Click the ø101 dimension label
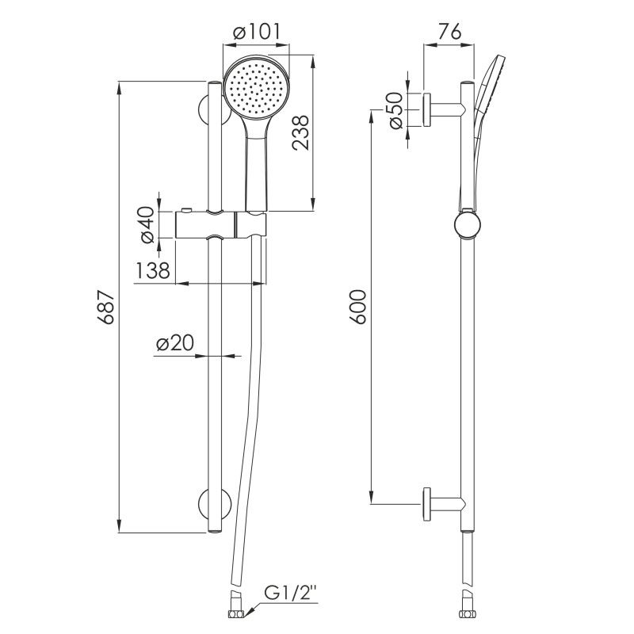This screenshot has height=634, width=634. pyautogui.click(x=257, y=32)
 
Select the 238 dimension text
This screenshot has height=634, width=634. pyautogui.click(x=300, y=133)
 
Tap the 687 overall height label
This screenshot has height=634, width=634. pyautogui.click(x=108, y=307)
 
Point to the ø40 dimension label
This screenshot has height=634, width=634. pyautogui.click(x=147, y=225)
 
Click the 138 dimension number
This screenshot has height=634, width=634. pyautogui.click(x=152, y=270)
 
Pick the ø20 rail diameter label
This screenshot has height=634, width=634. pyautogui.click(x=175, y=343)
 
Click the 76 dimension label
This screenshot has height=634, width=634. pyautogui.click(x=449, y=32)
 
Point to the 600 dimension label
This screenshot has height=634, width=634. pyautogui.click(x=358, y=307)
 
